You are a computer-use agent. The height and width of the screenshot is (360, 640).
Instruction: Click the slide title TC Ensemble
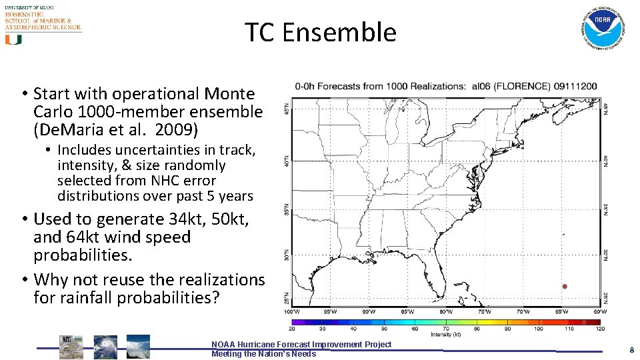tap(320, 32)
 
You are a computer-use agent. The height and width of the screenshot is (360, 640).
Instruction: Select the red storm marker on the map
tap(565, 287)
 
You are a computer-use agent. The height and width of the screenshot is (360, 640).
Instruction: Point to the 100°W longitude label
tap(291, 312)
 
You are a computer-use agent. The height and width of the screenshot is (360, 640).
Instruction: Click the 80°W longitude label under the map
tap(447, 312)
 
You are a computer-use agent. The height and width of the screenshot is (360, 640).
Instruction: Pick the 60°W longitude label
tap(601, 312)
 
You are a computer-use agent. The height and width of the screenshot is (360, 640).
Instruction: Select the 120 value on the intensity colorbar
tap(601, 329)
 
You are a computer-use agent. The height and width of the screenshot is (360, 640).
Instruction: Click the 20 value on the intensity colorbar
tap(292, 329)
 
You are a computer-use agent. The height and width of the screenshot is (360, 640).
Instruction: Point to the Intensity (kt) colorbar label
tap(446, 335)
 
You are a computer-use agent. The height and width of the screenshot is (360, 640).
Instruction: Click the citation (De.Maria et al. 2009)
tap(117, 128)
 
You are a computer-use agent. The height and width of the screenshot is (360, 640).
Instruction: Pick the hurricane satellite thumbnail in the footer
tap(105, 347)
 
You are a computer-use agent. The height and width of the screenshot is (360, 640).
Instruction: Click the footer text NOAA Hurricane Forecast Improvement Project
tap(301, 344)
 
